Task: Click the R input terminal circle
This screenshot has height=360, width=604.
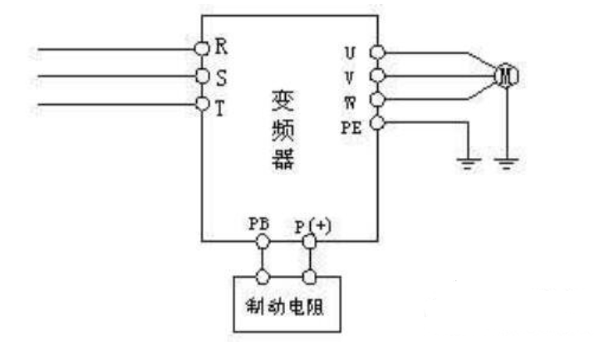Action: tap(202, 48)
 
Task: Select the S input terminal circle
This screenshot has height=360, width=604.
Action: tap(202, 76)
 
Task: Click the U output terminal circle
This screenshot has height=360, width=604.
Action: tap(376, 52)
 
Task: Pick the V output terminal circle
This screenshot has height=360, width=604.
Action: tap(376, 76)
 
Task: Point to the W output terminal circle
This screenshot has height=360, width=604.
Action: tap(376, 101)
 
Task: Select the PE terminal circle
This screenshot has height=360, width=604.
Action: tap(376, 124)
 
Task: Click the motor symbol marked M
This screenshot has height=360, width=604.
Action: tap(506, 76)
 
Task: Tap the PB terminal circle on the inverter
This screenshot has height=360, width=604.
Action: tap(263, 241)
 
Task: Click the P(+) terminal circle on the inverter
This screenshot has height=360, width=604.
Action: tap(309, 241)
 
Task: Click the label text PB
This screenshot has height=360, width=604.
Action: tap(258, 225)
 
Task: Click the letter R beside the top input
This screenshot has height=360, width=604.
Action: tap(220, 46)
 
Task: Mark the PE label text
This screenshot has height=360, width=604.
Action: tap(351, 126)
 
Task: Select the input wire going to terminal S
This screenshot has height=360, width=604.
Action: tap(116, 76)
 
